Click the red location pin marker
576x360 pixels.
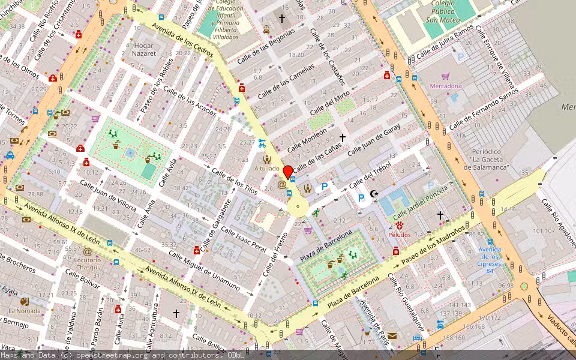(x=288, y=172)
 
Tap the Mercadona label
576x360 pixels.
(x=445, y=86)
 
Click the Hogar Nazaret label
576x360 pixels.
(x=145, y=49)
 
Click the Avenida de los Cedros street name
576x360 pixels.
(x=183, y=41)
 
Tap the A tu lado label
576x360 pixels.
(x=266, y=169)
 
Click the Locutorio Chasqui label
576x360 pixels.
(x=88, y=263)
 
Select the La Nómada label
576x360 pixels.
(x=24, y=311)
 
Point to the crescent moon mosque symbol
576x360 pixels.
(x=374, y=193)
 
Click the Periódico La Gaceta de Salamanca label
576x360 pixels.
(x=490, y=159)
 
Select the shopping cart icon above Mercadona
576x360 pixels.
(x=445, y=76)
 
